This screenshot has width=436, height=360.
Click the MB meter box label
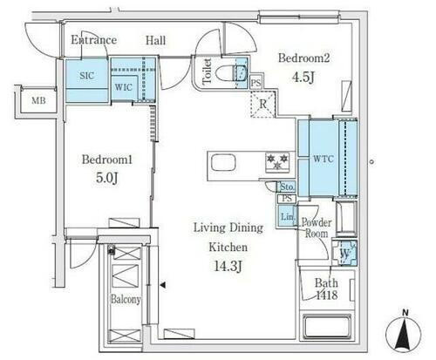click(38, 100)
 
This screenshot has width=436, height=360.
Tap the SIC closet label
click(86, 76)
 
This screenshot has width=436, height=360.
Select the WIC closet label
click(123, 87)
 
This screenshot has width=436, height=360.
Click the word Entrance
click(93, 40)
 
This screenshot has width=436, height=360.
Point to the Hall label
click(155, 40)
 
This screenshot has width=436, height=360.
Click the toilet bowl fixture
click(232, 72)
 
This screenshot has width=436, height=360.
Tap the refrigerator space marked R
click(262, 104)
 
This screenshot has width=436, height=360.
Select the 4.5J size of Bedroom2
click(303, 78)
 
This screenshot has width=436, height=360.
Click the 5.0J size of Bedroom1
click(107, 178)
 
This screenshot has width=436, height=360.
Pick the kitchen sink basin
click(223, 162)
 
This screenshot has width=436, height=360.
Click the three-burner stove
click(277, 162)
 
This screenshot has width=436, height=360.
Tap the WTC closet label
click(324, 159)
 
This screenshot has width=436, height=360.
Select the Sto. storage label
click(287, 187)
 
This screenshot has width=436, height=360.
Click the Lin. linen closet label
click(287, 216)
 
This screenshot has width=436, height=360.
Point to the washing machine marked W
click(344, 253)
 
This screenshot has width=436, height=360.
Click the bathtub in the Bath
click(327, 326)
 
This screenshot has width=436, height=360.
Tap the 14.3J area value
click(228, 266)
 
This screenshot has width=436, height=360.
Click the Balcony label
click(126, 299)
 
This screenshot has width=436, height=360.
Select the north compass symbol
click(404, 332)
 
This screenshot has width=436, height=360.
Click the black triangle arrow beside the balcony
click(163, 285)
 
